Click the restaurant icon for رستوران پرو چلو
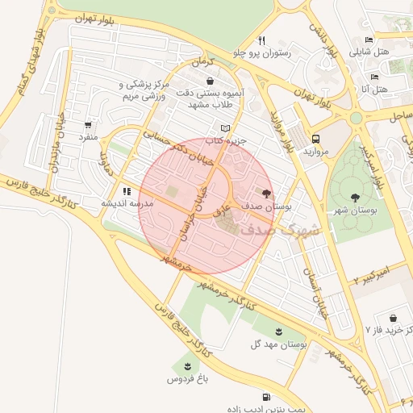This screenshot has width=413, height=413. click(261, 40)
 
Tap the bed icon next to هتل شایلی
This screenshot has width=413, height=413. click(369, 40)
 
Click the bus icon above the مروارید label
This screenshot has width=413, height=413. click(315, 139)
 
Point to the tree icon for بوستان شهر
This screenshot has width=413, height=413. click(354, 197)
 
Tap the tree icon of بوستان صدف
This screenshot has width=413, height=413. click(267, 194)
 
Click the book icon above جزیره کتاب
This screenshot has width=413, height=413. click(225, 128)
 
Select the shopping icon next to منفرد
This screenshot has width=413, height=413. click(88, 125)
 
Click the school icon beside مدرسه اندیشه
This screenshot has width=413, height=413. click(127, 191)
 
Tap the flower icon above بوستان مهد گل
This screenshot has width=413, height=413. click(279, 332)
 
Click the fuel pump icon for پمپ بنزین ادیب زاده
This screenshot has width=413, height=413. click(266, 397)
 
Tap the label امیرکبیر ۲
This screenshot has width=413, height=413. click(372, 274)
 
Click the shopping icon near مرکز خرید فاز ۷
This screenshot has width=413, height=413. click(393, 319)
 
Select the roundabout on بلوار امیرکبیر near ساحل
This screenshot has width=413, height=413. click(356, 119)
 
